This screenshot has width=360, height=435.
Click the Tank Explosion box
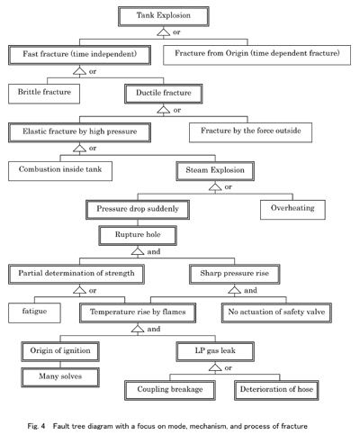(x=164, y=16)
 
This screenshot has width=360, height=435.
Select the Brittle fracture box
(x=44, y=94)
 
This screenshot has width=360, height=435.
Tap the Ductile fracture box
(x=164, y=94)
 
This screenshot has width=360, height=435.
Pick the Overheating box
(x=292, y=210)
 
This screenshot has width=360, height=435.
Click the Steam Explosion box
(x=215, y=171)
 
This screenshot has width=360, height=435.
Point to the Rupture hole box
(x=138, y=236)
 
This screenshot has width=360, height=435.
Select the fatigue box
(x=34, y=313)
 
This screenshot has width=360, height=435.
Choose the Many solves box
(x=60, y=377)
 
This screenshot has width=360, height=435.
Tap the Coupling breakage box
(x=170, y=390)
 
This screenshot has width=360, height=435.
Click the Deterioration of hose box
(x=276, y=390)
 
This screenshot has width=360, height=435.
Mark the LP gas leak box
(x=215, y=351)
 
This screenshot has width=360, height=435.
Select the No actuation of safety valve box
(x=276, y=313)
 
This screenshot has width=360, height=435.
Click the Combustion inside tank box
(x=60, y=171)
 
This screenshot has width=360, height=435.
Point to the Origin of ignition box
(x=60, y=351)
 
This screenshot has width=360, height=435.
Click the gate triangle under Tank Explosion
(x=164, y=32)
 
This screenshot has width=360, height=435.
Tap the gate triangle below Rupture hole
(x=138, y=251)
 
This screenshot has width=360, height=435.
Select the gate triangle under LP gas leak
(x=215, y=367)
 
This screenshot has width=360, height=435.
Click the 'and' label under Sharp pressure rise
(x=250, y=291)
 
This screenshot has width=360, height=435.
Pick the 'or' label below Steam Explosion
(x=229, y=187)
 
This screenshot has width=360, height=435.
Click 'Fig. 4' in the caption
(x=36, y=426)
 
